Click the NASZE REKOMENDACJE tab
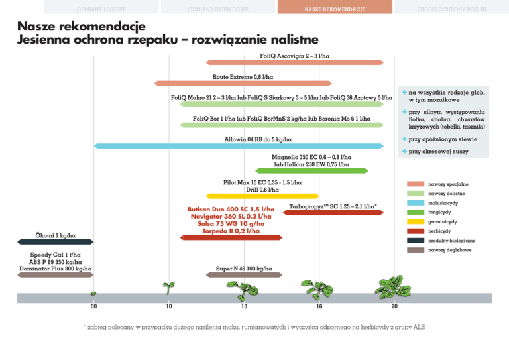pyautogui.click(x=330, y=7)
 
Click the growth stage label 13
pyautogui.click(x=245, y=306)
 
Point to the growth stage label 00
pyautogui.click(x=93, y=306)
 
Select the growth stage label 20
pyautogui.click(x=394, y=306)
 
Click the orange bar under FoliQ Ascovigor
pyautogui.click(x=295, y=62)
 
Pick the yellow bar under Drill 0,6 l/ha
pyautogui.click(x=263, y=196)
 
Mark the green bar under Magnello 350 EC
pyautogui.click(x=321, y=171)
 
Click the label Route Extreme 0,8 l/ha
pyautogui.click(x=243, y=77)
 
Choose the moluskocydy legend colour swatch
pyautogui.click(x=416, y=202)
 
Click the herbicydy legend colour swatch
pyautogui.click(x=416, y=231)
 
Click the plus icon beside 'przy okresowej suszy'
pyautogui.click(x=404, y=152)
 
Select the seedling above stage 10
pyautogui.click(x=169, y=287)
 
